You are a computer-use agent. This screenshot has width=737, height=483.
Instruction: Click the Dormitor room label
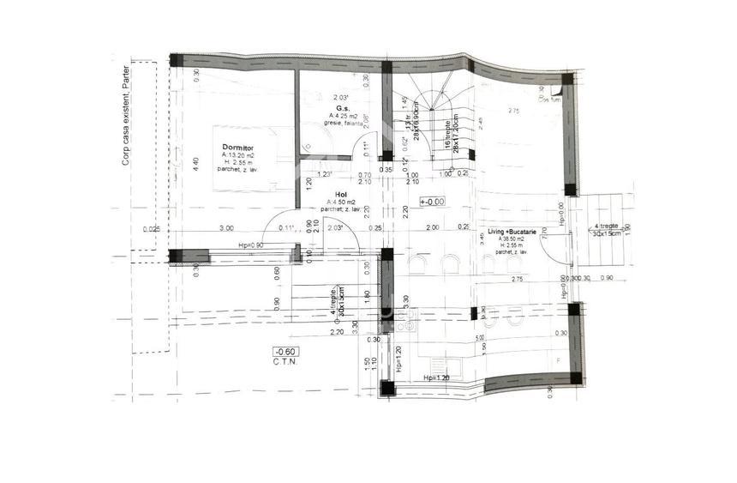[236, 147]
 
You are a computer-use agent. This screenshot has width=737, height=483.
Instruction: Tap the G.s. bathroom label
[340, 108]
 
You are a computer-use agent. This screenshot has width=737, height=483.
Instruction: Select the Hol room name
[339, 193]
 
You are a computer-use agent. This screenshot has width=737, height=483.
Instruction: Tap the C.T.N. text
[285, 362]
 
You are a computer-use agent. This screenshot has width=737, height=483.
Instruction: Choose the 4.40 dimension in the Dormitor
[196, 161]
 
